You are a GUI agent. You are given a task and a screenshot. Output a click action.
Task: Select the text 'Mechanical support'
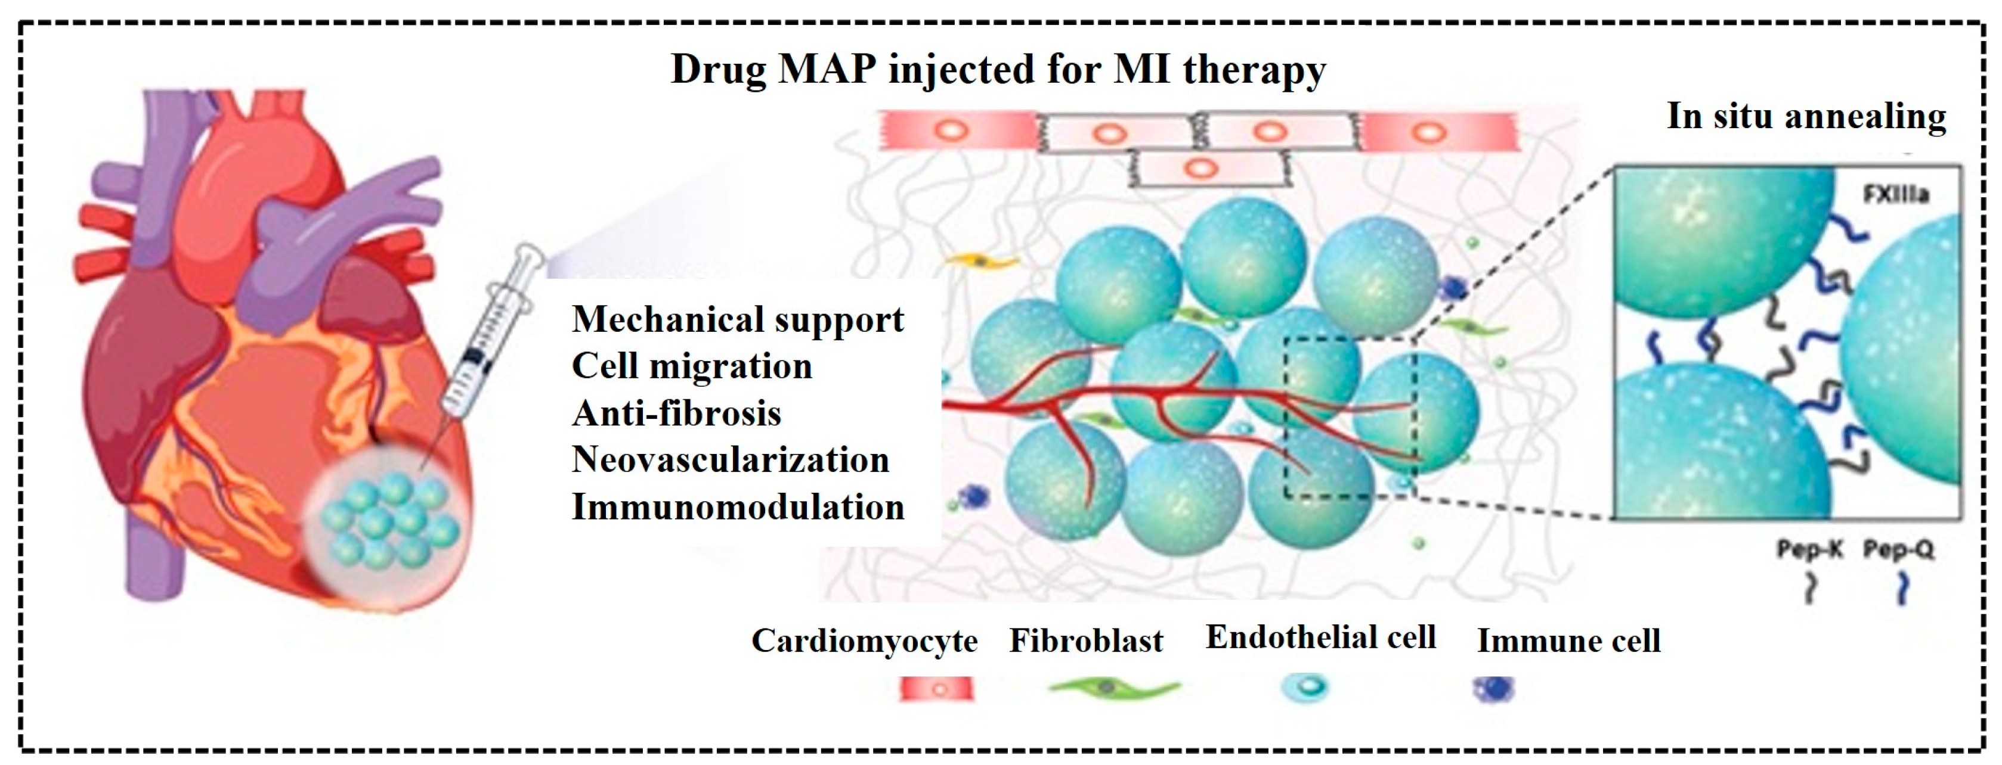point(738,320)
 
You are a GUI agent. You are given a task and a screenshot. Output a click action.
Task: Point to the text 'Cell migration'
point(692,366)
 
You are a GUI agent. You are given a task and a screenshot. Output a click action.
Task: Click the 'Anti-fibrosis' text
point(676,413)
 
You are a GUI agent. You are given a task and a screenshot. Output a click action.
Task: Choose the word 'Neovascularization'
point(731,460)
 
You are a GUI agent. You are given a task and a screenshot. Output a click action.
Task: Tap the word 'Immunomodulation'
point(738,507)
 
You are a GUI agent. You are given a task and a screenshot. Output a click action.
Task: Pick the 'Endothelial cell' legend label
point(1320,637)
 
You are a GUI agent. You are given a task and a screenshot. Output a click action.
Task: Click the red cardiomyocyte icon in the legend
point(936,689)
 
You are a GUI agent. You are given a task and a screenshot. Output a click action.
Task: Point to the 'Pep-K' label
point(1810,550)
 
